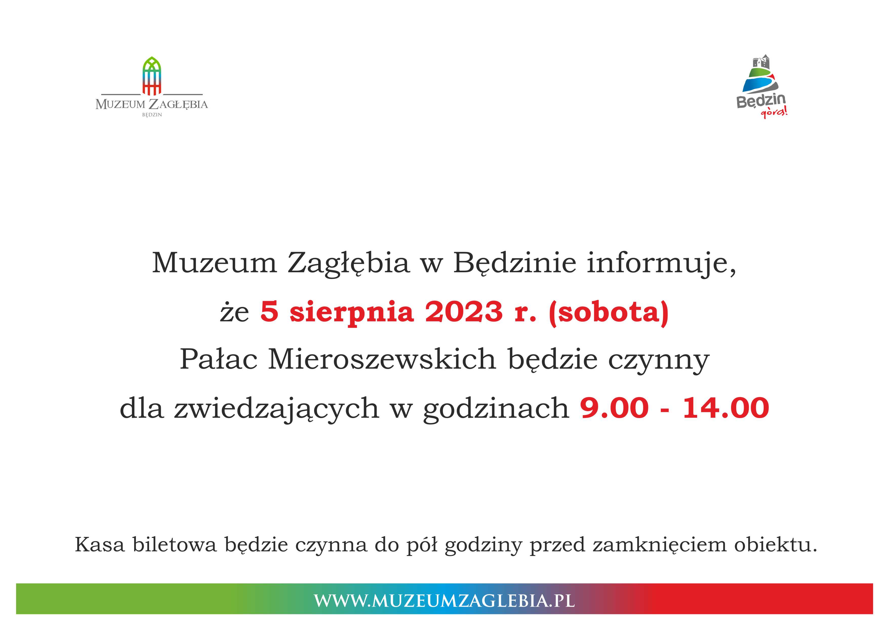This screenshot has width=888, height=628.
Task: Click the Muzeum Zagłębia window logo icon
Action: click(x=152, y=76)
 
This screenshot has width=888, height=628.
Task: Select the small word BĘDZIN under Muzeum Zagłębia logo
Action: click(x=152, y=115)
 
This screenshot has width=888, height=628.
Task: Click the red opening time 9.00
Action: click(x=614, y=408)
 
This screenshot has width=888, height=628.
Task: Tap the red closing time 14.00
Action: click(x=725, y=408)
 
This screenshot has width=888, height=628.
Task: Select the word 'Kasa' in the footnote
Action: click(x=100, y=545)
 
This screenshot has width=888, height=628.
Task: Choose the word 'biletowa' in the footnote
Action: click(x=174, y=545)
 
